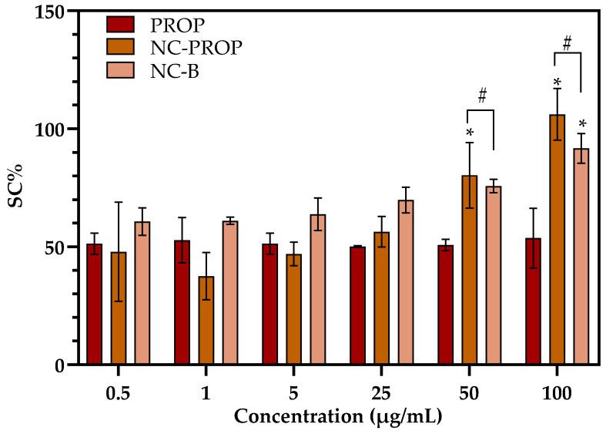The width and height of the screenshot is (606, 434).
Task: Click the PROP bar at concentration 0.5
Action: pyautogui.click(x=95, y=304)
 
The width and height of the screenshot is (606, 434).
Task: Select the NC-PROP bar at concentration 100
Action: pyautogui.click(x=557, y=240)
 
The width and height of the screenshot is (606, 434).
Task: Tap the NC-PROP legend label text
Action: pyautogui.click(x=196, y=48)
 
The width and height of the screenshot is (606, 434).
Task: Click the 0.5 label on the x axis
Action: pyautogui.click(x=118, y=392)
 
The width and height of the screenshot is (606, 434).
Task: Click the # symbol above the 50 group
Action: pyautogui.click(x=483, y=96)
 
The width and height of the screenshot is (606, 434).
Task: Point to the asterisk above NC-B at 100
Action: pyautogui.click(x=583, y=125)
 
